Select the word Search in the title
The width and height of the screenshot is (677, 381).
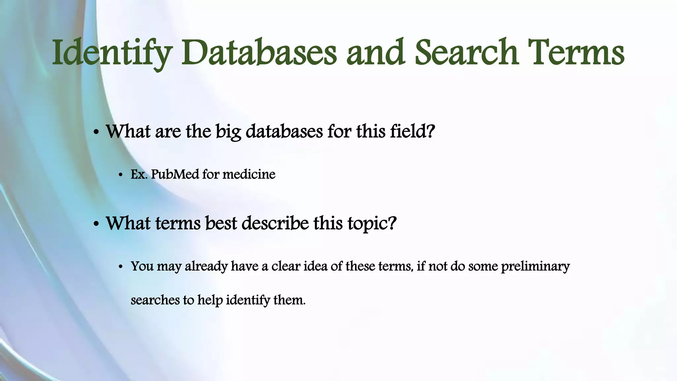(466, 53)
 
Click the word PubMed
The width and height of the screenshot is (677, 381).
(175, 174)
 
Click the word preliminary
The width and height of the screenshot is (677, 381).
(535, 266)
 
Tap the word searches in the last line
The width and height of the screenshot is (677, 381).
(155, 300)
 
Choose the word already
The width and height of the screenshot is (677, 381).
(206, 266)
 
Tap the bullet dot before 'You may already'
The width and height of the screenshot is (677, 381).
(121, 267)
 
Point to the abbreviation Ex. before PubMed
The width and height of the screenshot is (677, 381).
(139, 174)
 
